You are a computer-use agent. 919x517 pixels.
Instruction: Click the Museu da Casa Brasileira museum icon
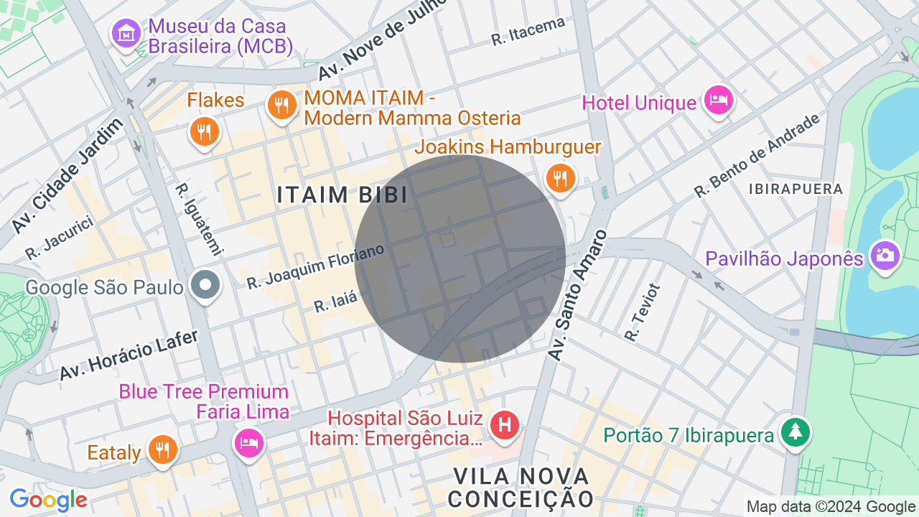[126, 33]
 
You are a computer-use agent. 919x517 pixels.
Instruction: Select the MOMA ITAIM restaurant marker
[282, 106]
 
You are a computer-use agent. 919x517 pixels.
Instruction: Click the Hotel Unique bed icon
[718, 100]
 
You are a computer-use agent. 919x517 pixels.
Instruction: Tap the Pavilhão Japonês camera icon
[885, 255]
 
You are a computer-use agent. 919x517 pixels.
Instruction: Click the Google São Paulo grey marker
[205, 285]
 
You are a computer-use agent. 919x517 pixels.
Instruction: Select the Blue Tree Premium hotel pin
[248, 442]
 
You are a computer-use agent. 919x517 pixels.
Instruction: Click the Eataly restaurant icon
[162, 450]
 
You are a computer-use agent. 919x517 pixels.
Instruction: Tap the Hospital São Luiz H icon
[504, 423]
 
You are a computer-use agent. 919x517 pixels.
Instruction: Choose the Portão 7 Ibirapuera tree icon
[796, 433]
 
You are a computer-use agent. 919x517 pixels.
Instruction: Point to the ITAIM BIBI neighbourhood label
[342, 195]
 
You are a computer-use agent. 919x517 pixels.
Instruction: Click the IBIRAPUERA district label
[795, 189]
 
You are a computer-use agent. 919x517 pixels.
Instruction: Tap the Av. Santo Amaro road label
[578, 296]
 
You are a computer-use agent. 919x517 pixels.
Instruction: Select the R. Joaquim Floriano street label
[315, 266]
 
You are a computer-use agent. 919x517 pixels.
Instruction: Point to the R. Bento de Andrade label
[757, 156]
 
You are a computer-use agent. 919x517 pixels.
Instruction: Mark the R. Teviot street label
[642, 312]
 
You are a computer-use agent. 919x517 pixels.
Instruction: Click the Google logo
[48, 500]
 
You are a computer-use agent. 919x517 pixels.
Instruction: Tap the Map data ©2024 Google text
[831, 506]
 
